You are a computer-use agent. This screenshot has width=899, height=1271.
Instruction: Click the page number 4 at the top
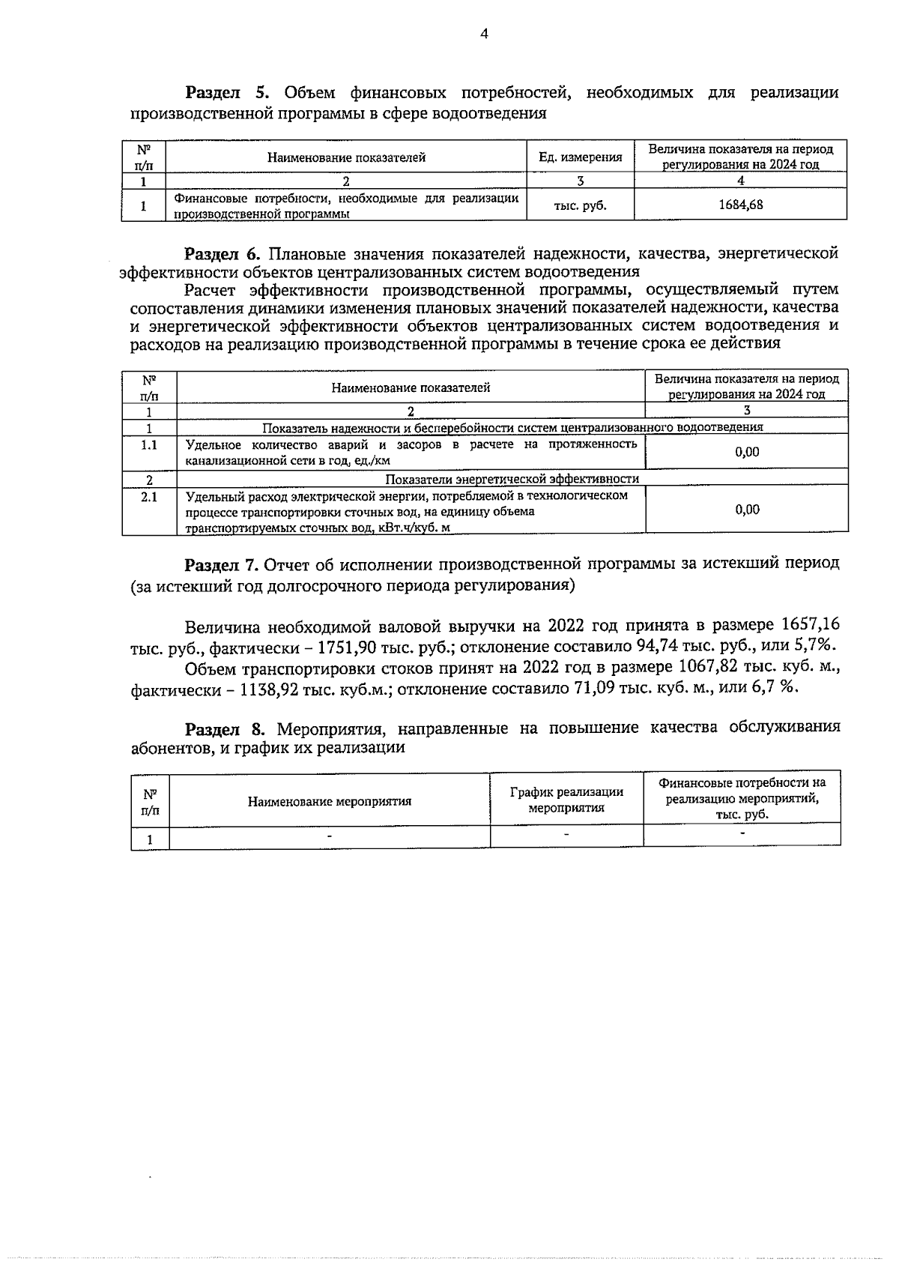click(483, 34)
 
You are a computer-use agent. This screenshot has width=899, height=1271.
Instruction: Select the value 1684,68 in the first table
click(740, 204)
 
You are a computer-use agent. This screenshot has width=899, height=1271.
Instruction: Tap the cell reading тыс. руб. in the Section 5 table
click(580, 205)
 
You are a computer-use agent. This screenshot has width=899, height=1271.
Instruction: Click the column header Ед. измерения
click(581, 157)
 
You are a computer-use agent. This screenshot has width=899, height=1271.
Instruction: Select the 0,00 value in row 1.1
click(747, 452)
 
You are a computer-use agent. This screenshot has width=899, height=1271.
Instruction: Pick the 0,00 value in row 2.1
click(747, 510)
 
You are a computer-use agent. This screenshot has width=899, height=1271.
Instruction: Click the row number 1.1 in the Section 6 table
click(149, 445)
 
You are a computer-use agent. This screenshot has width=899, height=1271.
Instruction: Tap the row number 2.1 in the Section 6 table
click(149, 496)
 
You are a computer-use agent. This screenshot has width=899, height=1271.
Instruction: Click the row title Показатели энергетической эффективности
click(512, 479)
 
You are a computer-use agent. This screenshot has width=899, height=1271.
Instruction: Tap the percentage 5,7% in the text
click(815, 647)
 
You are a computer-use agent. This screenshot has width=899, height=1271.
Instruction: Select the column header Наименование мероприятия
click(330, 801)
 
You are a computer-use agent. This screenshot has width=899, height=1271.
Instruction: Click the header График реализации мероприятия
click(566, 800)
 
